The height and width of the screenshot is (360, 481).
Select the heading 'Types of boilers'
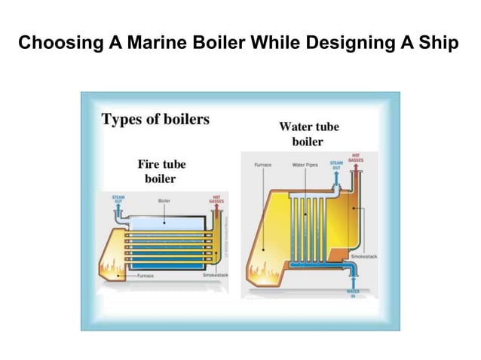(x=155, y=119)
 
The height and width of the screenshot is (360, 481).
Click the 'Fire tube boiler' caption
(x=161, y=171)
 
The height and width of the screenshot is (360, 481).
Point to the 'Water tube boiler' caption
(x=309, y=133)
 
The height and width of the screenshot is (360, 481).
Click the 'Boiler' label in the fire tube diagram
(x=164, y=201)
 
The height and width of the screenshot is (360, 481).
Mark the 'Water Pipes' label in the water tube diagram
(x=304, y=163)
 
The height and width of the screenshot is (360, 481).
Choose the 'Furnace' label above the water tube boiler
(x=263, y=163)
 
